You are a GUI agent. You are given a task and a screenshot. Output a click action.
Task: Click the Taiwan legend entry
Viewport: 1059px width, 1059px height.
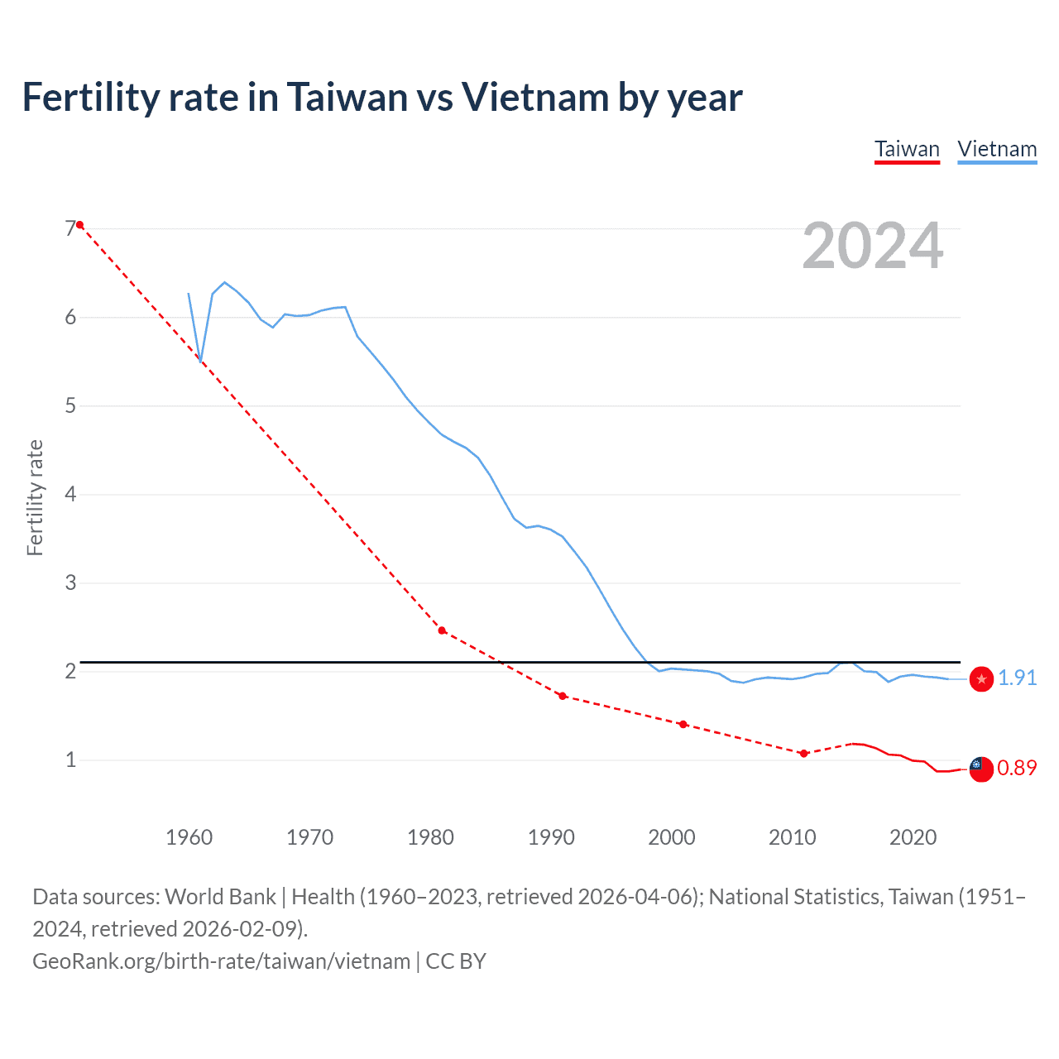point(907,150)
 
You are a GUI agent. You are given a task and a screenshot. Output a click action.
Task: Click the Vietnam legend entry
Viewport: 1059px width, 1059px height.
point(997,150)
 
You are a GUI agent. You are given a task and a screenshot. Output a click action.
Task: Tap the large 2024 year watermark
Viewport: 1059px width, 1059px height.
point(872,246)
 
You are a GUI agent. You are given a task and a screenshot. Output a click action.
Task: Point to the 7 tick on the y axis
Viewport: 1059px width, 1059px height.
point(70,229)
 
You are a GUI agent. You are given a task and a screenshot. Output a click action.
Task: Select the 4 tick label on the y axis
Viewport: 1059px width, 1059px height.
point(70,495)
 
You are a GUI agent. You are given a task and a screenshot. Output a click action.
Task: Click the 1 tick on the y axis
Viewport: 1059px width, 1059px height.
point(70,760)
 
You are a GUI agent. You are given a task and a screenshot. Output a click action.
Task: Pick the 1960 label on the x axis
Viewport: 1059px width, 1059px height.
point(189,837)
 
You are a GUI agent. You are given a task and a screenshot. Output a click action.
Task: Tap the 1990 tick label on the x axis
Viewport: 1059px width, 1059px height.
point(551,837)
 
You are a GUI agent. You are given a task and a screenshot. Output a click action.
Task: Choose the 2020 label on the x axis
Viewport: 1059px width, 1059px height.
point(913,837)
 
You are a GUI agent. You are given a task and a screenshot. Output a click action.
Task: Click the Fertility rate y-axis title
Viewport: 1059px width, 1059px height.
point(35,497)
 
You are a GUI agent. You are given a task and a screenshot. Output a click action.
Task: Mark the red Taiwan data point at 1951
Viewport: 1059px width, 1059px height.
point(79,225)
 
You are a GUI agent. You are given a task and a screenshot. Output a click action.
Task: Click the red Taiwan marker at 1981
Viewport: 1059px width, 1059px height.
point(442,630)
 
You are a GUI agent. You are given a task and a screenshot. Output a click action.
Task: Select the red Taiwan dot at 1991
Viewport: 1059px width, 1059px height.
point(563,696)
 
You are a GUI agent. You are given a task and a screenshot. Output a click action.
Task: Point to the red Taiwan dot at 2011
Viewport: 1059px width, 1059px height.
point(803,753)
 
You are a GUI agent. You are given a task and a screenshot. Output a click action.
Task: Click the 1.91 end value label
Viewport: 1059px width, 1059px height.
point(1017,678)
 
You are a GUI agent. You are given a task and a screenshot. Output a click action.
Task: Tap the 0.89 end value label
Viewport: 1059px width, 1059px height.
point(1017,768)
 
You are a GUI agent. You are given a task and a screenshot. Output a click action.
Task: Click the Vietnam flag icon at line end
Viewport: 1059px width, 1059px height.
point(981,679)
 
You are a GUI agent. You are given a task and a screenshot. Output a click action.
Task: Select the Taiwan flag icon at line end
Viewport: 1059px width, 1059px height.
point(981,769)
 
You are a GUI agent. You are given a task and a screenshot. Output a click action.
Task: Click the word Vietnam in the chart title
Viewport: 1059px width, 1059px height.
point(532,98)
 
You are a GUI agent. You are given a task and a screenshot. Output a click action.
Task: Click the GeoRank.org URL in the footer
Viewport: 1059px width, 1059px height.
point(221,961)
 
